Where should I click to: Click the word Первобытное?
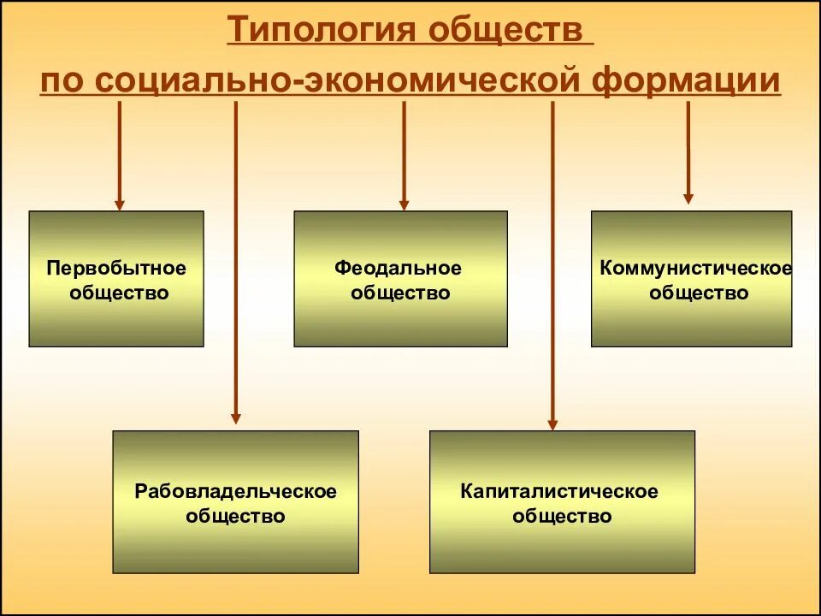tap(116, 268)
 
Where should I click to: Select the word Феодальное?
tap(399, 268)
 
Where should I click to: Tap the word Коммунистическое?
tap(696, 268)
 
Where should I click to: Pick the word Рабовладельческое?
tap(236, 491)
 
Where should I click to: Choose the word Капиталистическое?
tap(559, 491)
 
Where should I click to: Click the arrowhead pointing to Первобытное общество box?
tap(119, 204)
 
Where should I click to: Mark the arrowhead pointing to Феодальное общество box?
tap(405, 204)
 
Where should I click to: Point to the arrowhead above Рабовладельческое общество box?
tap(236, 418)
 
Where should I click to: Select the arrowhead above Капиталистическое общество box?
tap(552, 423)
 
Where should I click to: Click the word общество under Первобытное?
tap(118, 293)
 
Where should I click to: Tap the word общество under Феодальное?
tap(400, 293)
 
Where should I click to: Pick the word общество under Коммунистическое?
tap(699, 293)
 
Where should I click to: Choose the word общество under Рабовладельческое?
tap(235, 517)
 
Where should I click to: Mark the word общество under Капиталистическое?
tap(562, 517)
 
